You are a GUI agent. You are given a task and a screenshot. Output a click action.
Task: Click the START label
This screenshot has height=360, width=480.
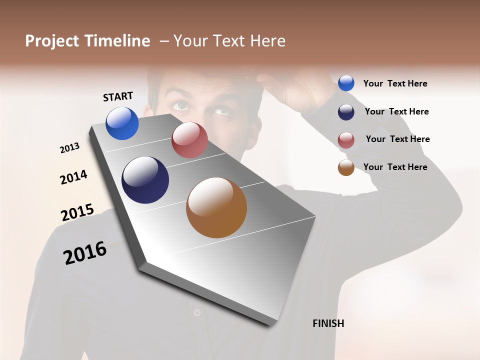coord(118,96)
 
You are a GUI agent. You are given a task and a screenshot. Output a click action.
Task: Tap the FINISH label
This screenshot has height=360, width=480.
coord(328,323)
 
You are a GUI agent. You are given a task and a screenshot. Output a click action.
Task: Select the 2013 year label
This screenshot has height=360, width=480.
coord(69,147)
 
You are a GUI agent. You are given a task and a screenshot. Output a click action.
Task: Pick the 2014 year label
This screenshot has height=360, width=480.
coord(73,177)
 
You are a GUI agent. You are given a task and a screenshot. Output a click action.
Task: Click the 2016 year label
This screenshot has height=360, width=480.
coord(85,253)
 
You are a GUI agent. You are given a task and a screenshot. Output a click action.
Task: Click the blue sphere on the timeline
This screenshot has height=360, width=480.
coord(122,123)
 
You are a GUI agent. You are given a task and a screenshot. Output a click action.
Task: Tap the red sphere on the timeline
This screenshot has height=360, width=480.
coord(189,140)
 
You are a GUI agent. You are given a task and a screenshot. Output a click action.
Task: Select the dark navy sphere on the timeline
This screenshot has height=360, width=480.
coord(145,180)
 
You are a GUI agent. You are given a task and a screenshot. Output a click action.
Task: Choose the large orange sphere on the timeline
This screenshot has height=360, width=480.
coord(216,207)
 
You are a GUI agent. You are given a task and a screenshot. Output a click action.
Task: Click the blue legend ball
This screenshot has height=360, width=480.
coord(346,83)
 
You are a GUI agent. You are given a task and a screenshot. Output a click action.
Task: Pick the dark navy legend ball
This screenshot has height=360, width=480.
coord(346,111)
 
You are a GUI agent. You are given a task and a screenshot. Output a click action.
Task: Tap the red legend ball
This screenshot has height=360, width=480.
coord(346,139)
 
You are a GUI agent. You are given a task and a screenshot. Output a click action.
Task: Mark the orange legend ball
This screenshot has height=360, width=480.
coord(346,167)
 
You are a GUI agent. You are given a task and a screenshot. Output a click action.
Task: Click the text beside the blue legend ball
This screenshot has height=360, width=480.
coord(395,83)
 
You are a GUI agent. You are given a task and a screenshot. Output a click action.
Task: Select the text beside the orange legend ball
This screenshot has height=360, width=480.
coord(395,167)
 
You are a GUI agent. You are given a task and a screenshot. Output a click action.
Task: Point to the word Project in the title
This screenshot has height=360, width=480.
coord(52,41)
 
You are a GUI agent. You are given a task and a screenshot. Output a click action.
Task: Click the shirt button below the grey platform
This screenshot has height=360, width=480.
coord(197,313)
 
